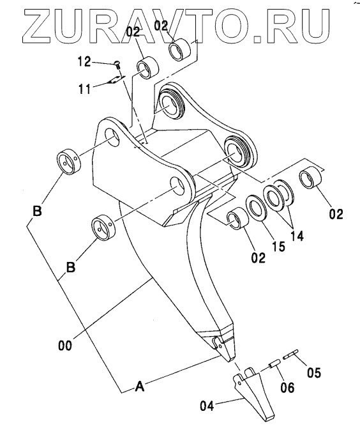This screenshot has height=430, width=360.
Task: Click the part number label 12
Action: click(x=84, y=61)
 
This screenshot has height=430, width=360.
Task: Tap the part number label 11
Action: click(x=85, y=89)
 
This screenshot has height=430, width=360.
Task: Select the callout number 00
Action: click(x=65, y=345)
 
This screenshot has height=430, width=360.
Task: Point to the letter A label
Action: click(x=140, y=387)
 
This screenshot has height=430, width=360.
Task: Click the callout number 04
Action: click(x=207, y=406)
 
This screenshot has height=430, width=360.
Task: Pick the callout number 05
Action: click(x=314, y=373)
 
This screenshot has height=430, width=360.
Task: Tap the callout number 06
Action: click(x=287, y=388)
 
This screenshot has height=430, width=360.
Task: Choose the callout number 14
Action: click(x=297, y=236)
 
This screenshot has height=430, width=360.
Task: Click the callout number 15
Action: click(x=279, y=246)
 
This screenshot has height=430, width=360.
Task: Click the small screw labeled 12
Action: click(x=117, y=65)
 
